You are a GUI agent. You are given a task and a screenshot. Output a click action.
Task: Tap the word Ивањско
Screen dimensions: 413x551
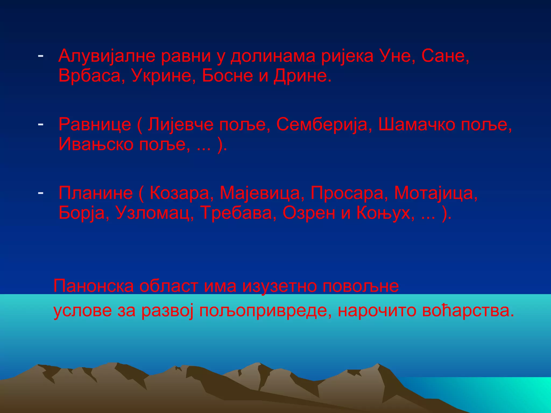[96, 145]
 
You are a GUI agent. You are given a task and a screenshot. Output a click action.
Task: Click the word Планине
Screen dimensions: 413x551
[96, 193]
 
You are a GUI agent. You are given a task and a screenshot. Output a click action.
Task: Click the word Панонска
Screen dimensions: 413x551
[93, 286]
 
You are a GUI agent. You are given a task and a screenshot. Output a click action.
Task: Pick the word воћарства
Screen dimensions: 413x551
[468, 311]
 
